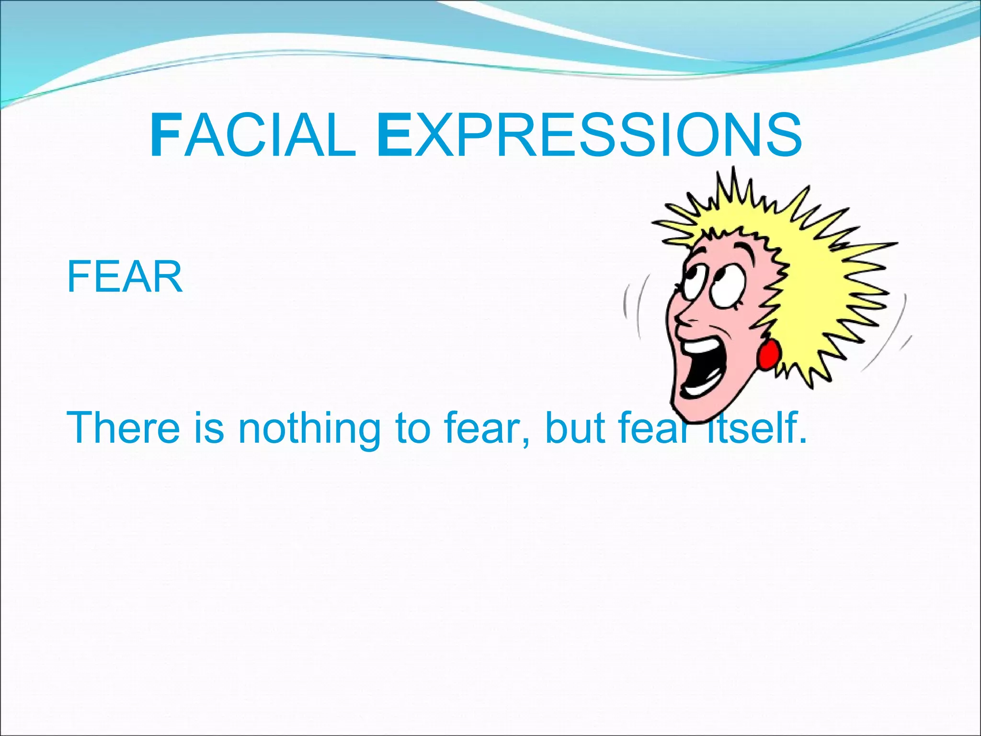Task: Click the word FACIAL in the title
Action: click(x=253, y=136)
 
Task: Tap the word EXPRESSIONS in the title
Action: click(x=589, y=136)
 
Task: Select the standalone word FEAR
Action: click(x=125, y=277)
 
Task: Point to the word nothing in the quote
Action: click(x=309, y=427)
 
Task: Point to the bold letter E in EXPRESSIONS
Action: click(x=395, y=136)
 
